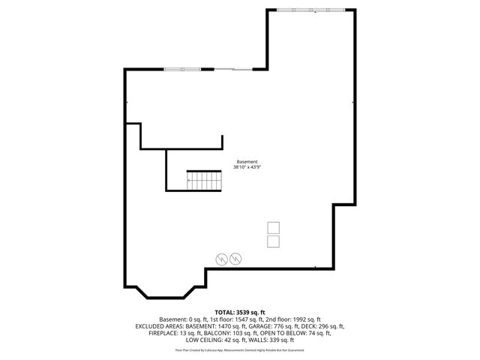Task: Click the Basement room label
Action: point(247,162)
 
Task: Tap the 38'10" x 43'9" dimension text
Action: point(247,168)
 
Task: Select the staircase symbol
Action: point(205,180)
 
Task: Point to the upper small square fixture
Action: point(273,227)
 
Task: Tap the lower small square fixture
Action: point(273,241)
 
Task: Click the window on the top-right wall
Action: point(311,10)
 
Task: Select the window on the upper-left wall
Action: point(182,70)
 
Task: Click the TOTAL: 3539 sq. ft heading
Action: point(240,311)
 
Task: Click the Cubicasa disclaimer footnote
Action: point(240,350)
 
